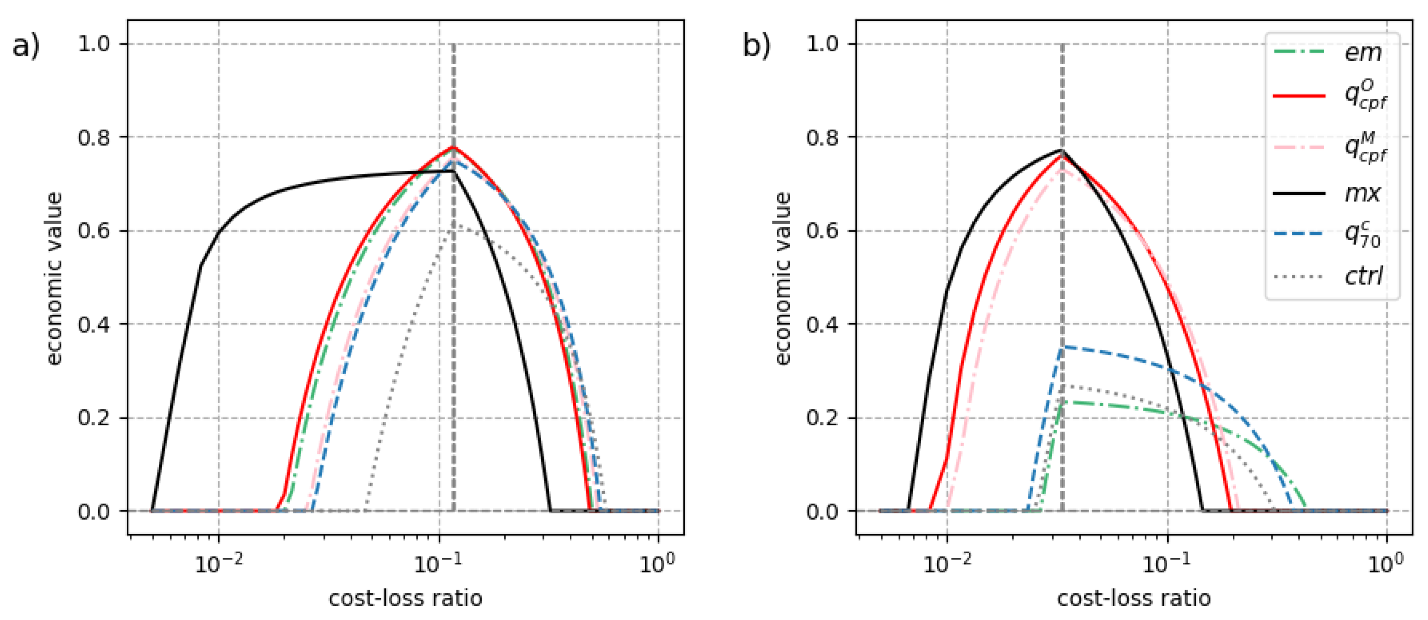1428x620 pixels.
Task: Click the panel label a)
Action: click(26, 46)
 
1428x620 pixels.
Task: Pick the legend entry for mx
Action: click(1362, 193)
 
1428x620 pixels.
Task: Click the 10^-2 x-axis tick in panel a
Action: click(219, 564)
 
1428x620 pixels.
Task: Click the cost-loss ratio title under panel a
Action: click(405, 599)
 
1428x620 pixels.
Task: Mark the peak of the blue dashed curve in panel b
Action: click(1063, 347)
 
